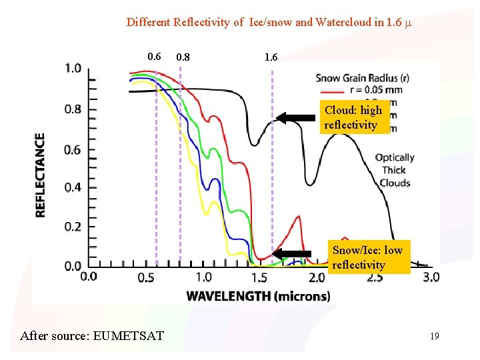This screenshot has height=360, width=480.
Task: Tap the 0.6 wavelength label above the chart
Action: coord(154,57)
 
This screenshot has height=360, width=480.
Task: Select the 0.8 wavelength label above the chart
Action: coord(182,57)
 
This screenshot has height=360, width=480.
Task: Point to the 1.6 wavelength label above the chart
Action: coord(271,57)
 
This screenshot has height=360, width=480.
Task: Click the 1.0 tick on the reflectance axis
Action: coord(73,69)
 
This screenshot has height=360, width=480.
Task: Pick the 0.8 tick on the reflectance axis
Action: coord(73,109)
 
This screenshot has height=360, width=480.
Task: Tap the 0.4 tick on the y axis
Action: coord(73,188)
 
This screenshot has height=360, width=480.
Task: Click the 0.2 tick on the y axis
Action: coord(73,227)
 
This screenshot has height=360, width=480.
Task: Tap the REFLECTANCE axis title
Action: coord(41,175)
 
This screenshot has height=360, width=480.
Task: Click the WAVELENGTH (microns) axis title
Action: coord(258,296)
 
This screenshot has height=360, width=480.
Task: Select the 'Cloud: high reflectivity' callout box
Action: coord(354,117)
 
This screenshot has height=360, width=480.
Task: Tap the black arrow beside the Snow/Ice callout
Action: coord(292,253)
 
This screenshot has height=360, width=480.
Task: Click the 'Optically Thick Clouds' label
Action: coord(395,170)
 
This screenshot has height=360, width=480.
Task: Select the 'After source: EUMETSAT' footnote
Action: coord(92,335)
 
